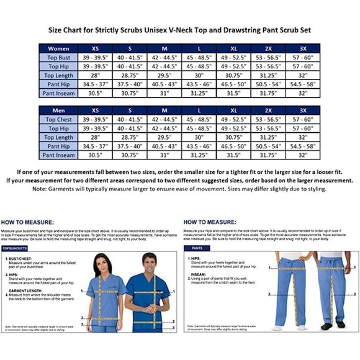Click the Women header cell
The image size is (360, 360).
tap(59, 48)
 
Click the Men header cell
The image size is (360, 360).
tap(59, 110)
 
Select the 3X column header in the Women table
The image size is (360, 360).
tap(302, 48)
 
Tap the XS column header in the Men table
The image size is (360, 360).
tap(95, 110)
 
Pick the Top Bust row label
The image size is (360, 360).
tap(59, 57)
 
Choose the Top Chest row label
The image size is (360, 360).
tap(59, 119)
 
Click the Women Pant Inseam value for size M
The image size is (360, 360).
tap(164, 93)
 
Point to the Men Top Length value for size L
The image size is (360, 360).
tap(199, 137)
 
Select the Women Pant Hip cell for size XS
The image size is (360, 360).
tap(95, 84)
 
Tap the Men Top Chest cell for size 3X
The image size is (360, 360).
tap(302, 119)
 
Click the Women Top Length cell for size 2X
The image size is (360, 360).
tap(268, 75)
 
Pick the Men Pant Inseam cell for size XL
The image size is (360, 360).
tap(233, 155)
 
